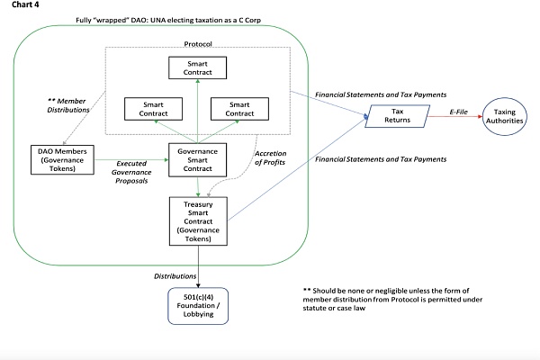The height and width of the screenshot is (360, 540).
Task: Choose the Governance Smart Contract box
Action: tap(197, 158)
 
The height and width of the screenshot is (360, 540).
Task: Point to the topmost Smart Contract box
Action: tap(197, 67)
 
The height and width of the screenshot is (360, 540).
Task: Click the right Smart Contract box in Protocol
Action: tap(240, 108)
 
